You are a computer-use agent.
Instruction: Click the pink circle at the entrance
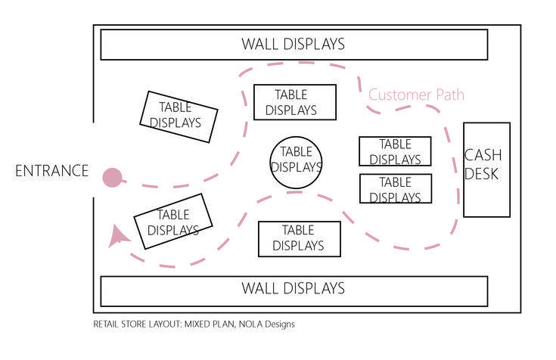[113, 177]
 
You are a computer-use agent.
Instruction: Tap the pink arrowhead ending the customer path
[117, 237]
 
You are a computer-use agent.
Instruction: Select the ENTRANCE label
[51, 171]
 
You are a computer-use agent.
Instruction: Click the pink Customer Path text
[416, 95]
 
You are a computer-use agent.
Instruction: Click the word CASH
[483, 155]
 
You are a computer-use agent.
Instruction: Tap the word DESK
[481, 174]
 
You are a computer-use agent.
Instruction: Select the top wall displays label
[294, 45]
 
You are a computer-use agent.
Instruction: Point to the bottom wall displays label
[294, 288]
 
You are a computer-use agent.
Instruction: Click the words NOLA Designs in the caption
[266, 324]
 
